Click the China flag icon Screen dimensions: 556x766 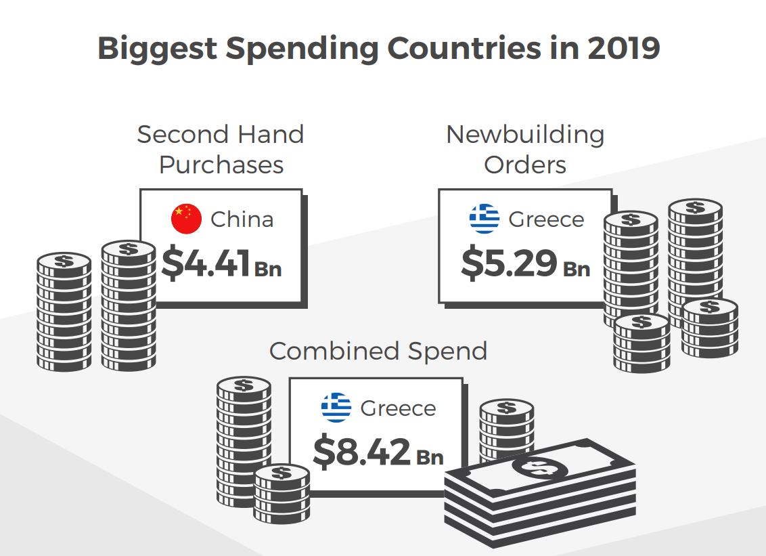(187, 219)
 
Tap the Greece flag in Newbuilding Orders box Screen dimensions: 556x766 (485, 219)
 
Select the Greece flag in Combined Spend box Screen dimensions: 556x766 (336, 408)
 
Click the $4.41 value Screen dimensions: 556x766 (206, 264)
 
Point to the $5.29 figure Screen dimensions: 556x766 (509, 264)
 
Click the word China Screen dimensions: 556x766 (242, 219)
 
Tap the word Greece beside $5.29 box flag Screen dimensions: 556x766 (545, 219)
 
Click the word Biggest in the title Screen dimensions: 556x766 (157, 49)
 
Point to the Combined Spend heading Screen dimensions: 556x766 (378, 351)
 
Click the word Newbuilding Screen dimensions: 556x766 (524, 134)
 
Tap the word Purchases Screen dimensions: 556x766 (221, 165)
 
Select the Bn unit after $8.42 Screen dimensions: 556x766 (429, 457)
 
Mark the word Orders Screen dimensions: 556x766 (524, 165)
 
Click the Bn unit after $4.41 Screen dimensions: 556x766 (268, 269)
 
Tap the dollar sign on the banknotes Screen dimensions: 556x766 (540, 467)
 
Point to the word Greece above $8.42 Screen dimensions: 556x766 (398, 408)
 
